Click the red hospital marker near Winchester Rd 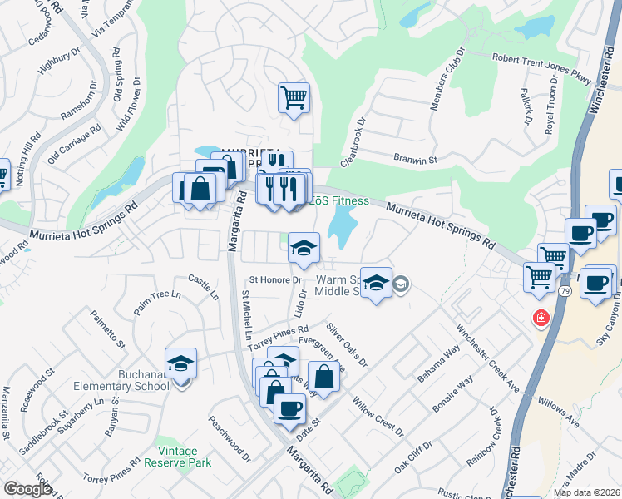point(541,318)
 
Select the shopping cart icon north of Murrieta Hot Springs point(294,98)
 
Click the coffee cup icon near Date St point(289,408)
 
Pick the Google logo point(27,489)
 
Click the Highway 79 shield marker point(565,291)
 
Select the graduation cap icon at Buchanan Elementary point(180,363)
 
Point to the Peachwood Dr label point(230,438)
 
